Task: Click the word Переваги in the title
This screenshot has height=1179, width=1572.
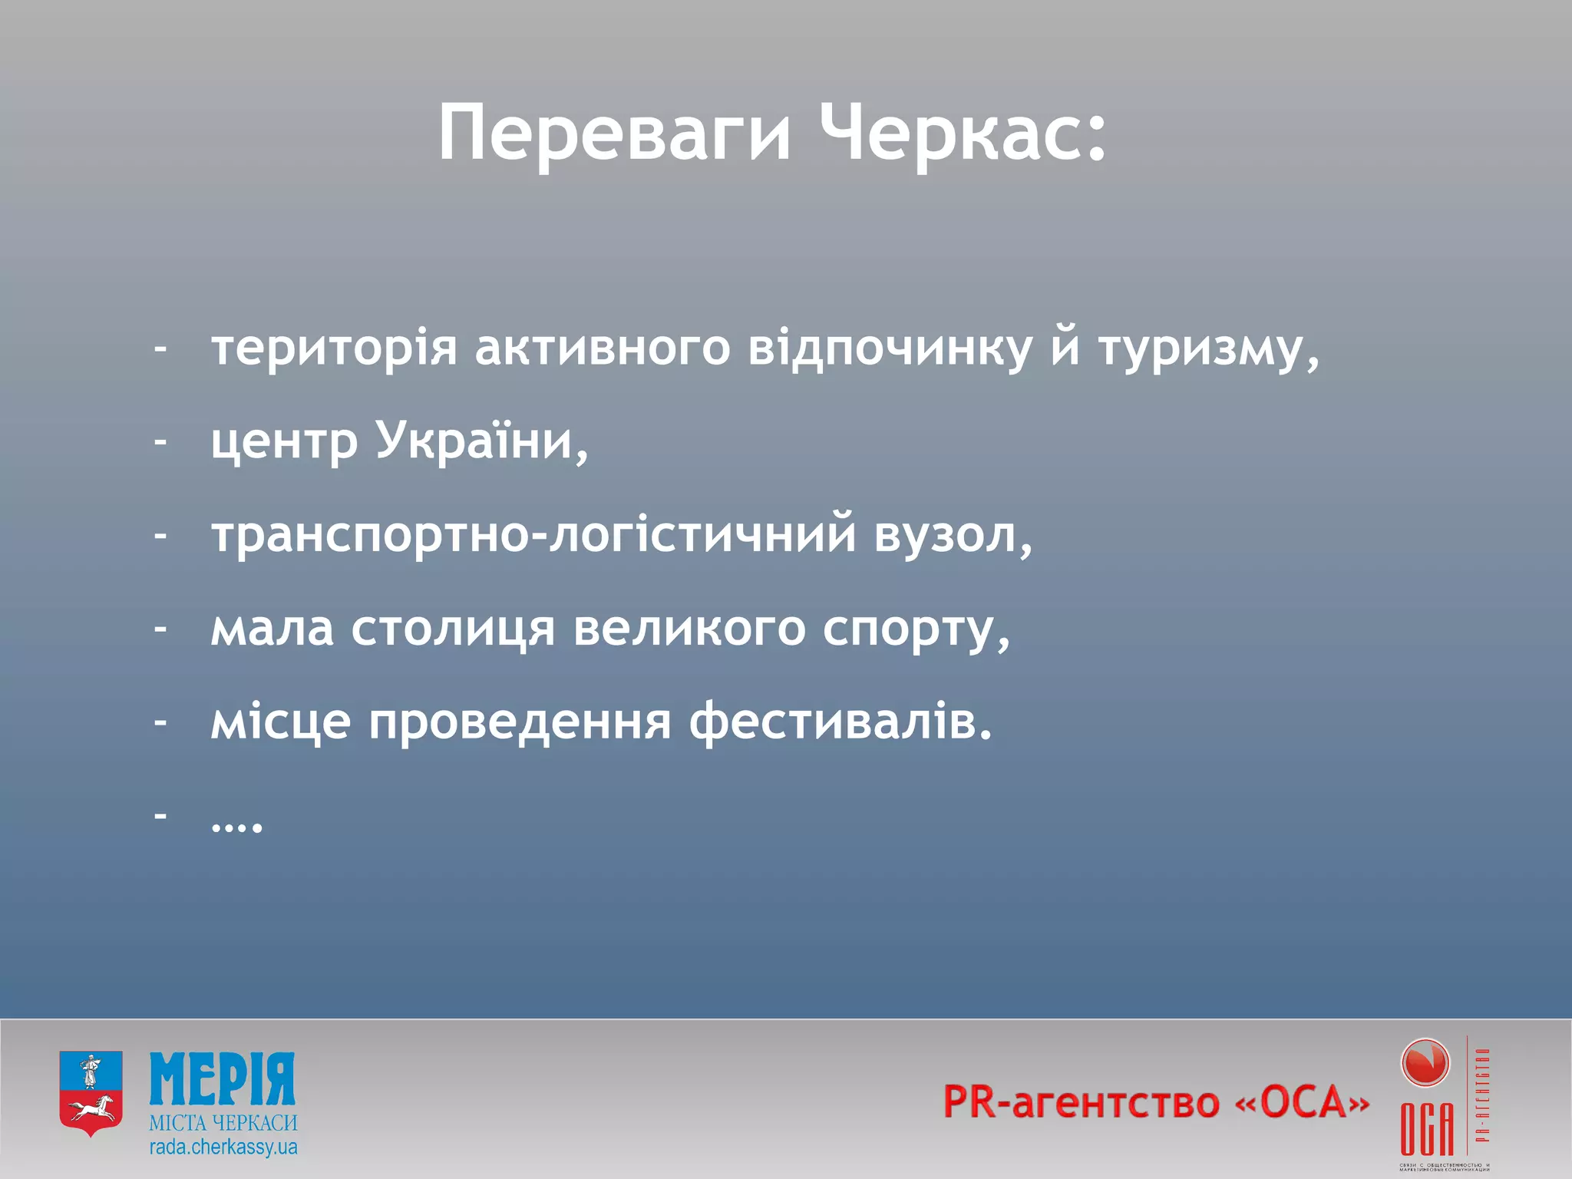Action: (614, 134)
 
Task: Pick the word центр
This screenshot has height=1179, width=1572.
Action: (284, 444)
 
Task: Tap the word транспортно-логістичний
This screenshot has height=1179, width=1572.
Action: (533, 535)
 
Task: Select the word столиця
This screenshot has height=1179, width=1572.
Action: (453, 629)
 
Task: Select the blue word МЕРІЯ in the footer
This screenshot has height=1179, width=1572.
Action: (222, 1079)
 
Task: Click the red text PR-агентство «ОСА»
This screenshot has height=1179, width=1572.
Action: (1155, 1102)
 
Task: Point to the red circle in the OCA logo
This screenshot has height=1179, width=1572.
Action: (1425, 1064)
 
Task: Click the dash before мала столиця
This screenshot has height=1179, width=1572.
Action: (160, 628)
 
